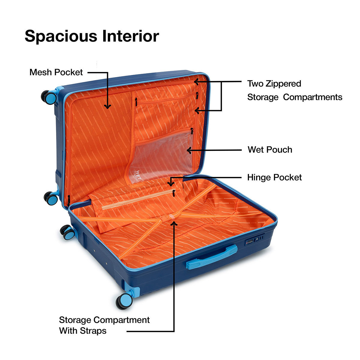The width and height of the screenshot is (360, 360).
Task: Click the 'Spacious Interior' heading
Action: (x=92, y=36)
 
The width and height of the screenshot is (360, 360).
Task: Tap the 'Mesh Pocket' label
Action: (x=56, y=72)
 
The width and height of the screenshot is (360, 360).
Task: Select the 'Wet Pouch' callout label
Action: (x=270, y=150)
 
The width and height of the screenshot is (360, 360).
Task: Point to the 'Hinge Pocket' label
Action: (x=274, y=178)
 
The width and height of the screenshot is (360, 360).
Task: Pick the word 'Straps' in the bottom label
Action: (x=93, y=331)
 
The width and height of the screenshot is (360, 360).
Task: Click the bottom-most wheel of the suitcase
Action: (x=124, y=301)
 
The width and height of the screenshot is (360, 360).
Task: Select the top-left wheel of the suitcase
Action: (x=49, y=97)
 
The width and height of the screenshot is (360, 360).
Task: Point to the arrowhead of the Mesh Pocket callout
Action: (x=107, y=106)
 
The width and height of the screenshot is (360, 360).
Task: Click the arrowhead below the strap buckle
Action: (x=174, y=223)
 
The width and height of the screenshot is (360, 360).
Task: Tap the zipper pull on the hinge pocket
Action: (x=174, y=193)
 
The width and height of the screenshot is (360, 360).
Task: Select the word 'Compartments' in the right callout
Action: (x=312, y=97)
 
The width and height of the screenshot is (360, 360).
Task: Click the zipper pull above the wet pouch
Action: (x=192, y=131)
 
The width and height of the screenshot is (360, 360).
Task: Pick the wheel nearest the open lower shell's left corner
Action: (x=67, y=232)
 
